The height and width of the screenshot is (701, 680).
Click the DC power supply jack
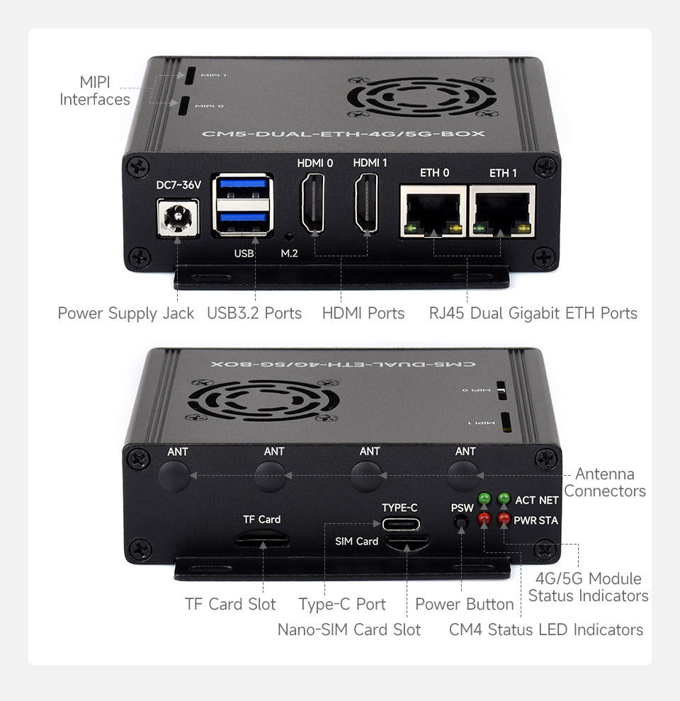point(176,217)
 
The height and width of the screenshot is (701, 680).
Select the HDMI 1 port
point(370,207)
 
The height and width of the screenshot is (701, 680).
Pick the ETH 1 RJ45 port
point(503,210)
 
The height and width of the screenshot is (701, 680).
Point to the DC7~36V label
point(178,185)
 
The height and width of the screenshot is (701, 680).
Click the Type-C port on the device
point(400,525)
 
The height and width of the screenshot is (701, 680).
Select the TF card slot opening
point(262,540)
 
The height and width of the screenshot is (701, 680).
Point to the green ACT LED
point(484,499)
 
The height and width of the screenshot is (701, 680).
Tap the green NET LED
point(504,499)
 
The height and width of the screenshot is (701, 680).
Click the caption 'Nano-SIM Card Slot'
point(348,629)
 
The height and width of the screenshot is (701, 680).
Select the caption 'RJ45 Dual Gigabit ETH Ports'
point(533,313)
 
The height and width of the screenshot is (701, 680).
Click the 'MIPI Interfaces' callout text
point(95,91)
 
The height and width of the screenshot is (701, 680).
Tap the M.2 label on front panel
point(289,253)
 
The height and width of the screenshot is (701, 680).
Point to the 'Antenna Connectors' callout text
point(605,482)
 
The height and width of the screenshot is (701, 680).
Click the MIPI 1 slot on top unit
point(191,74)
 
